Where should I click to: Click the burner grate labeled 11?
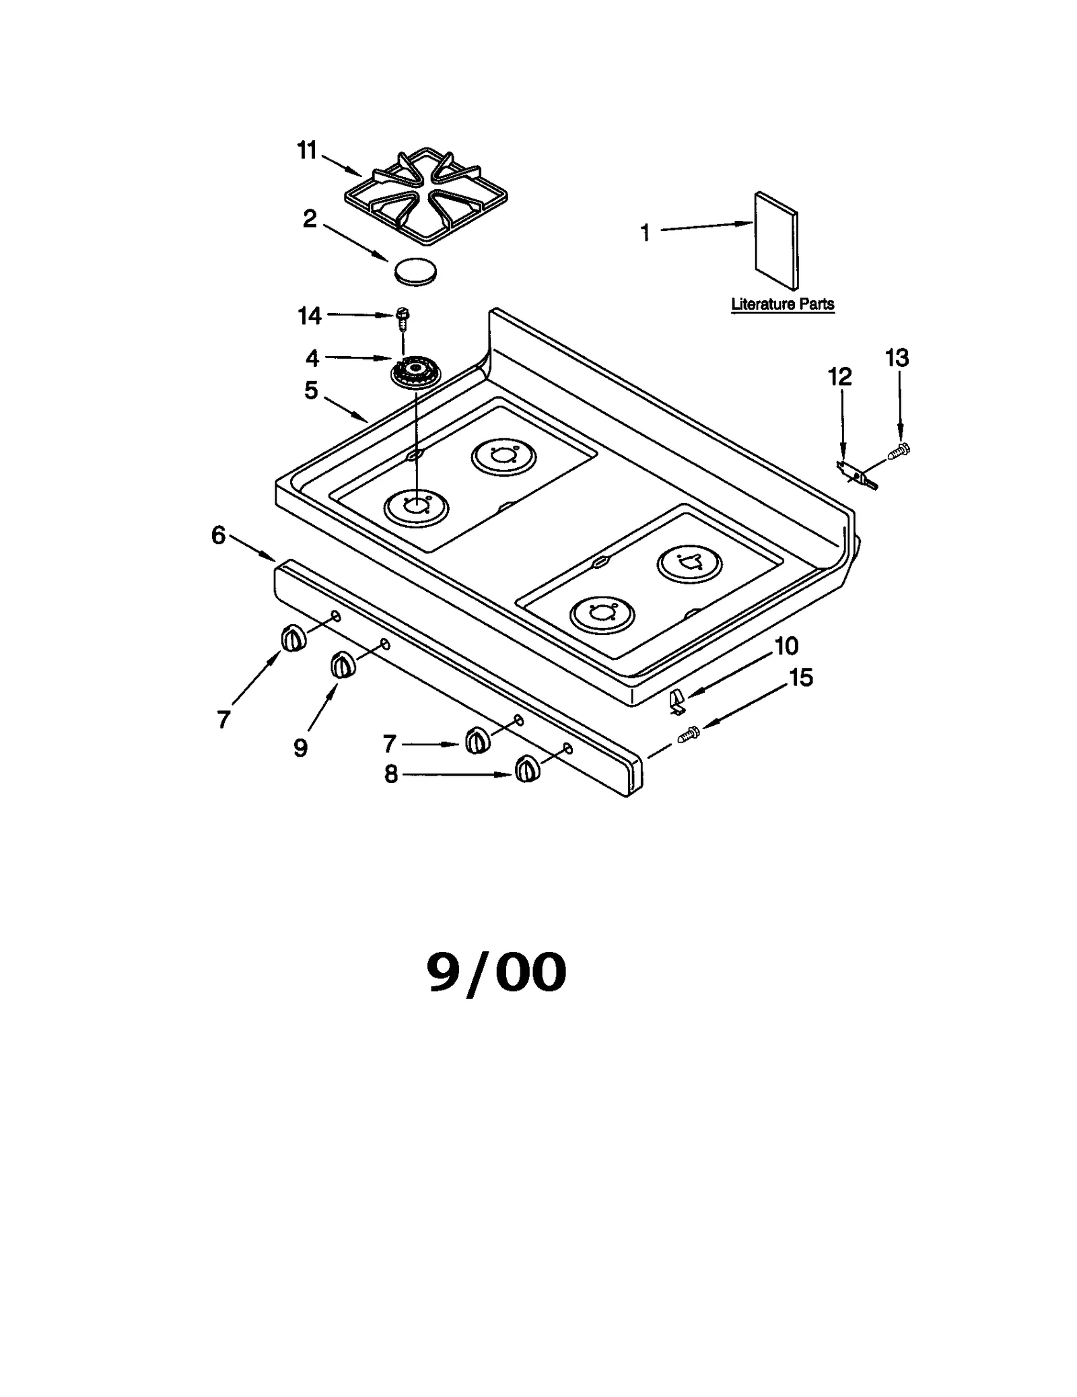[425, 193]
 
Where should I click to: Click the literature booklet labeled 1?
[775, 240]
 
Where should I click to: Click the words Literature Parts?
[782, 304]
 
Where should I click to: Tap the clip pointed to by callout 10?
[678, 702]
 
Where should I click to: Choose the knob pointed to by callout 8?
[527, 770]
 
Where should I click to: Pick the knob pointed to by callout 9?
[341, 665]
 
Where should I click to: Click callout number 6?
[218, 536]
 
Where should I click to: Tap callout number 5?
[310, 390]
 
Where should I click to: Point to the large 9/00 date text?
[497, 973]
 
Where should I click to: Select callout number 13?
[897, 358]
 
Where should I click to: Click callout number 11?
[307, 150]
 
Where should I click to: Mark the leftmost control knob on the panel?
[291, 638]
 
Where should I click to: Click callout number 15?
[800, 677]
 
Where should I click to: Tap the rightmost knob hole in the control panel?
[567, 747]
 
